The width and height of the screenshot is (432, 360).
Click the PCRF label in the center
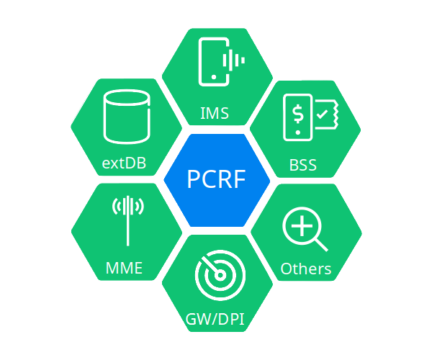point(217,179)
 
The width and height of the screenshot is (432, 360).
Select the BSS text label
point(303,165)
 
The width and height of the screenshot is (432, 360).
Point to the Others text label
point(306,269)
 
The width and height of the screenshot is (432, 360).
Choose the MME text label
point(124,269)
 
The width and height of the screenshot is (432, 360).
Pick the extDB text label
point(125,163)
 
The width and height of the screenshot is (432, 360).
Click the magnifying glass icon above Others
point(305,230)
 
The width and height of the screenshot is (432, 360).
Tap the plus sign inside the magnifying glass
point(301,225)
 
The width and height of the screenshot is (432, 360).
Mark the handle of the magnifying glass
point(320,245)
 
